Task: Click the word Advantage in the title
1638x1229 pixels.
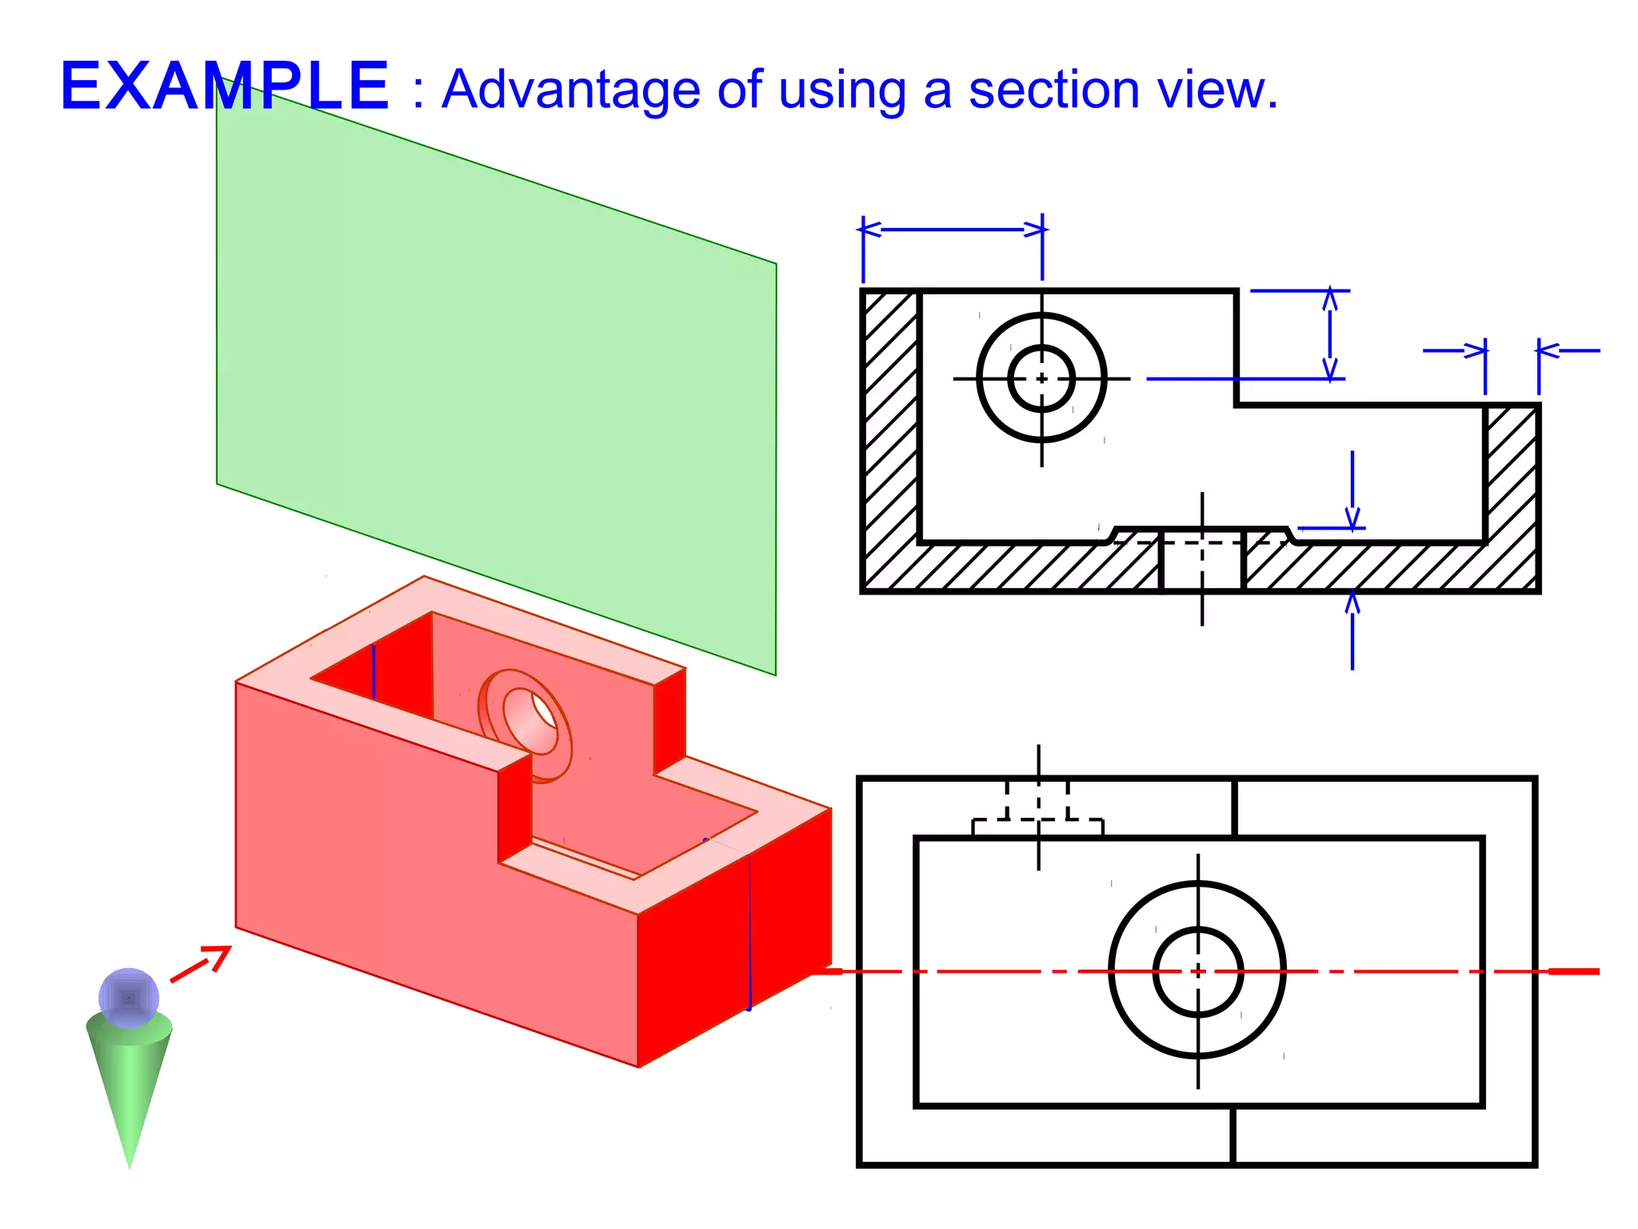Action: tap(571, 90)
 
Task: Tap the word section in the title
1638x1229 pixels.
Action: tap(1054, 90)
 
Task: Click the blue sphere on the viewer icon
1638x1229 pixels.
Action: tap(129, 998)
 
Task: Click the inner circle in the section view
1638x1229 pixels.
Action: tap(1041, 378)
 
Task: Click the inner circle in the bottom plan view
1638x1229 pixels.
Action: tap(1197, 971)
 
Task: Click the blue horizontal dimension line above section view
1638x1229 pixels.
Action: tap(952, 230)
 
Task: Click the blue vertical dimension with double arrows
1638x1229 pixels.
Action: tap(1330, 334)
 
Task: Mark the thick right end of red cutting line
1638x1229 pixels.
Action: tap(1574, 971)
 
